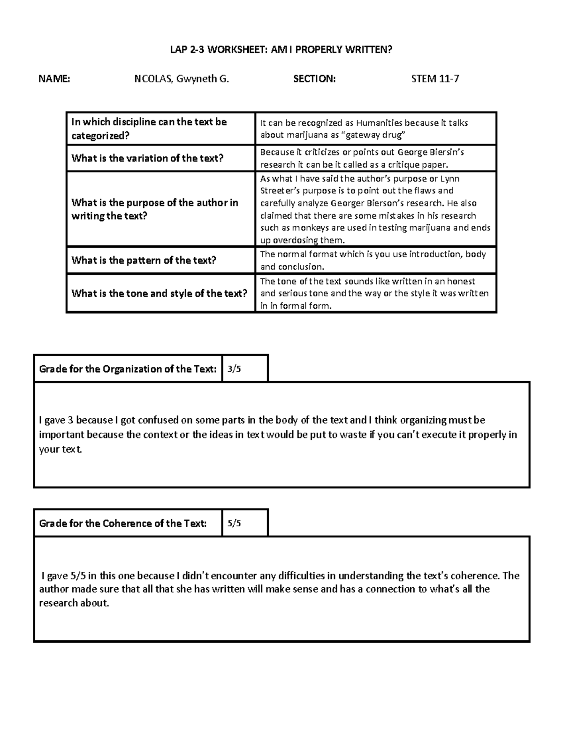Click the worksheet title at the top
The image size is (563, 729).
[281, 50]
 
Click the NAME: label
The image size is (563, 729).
[54, 79]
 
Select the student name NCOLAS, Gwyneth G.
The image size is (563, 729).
[182, 79]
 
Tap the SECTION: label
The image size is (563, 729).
[314, 79]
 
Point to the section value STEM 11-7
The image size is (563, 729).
[435, 79]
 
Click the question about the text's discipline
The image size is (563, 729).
[149, 129]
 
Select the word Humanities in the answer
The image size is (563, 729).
[379, 123]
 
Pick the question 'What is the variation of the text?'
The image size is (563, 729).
[147, 158]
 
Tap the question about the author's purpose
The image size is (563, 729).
[154, 209]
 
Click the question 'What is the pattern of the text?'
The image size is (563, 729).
[144, 261]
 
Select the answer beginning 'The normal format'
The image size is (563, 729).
[373, 261]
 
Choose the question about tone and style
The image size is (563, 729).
[159, 294]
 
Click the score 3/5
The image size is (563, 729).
[234, 369]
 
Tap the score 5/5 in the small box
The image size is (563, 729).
[234, 523]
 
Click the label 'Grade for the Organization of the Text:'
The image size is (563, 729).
[128, 369]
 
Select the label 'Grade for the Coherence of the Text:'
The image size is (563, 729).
[123, 523]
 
